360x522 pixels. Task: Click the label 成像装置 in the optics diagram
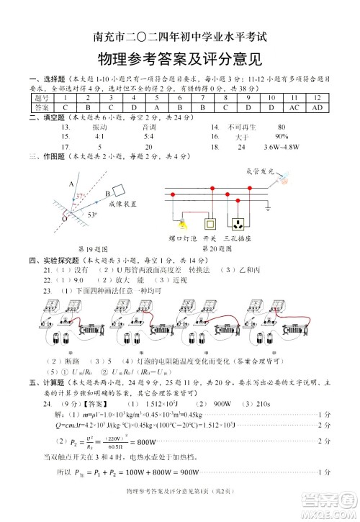coord(122,204)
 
